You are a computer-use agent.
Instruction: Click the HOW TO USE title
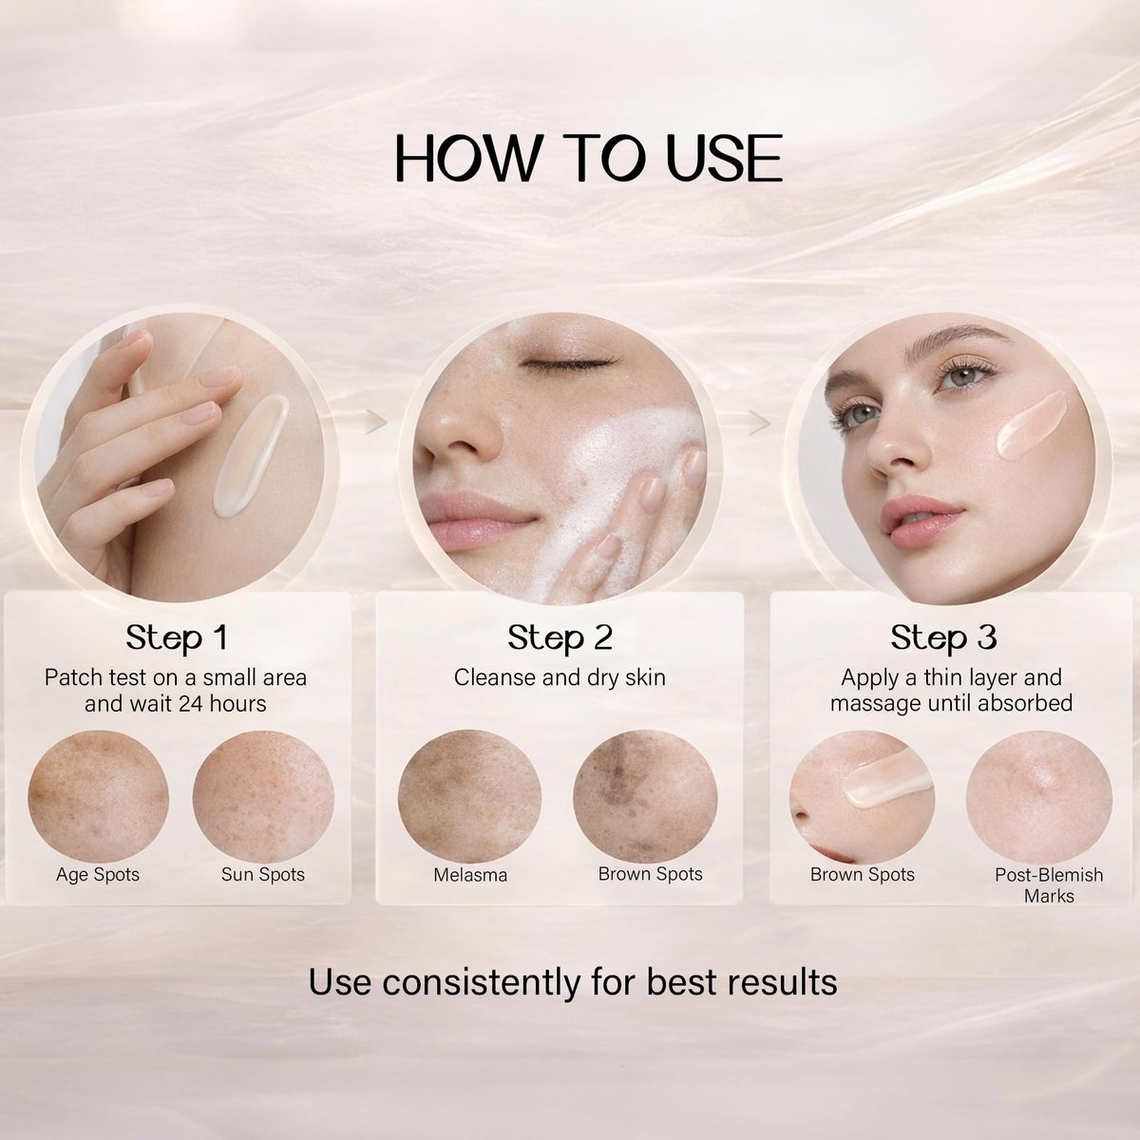[x=588, y=158]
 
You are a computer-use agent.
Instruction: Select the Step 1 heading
[x=177, y=638]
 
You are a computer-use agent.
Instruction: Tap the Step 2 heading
[x=560, y=638]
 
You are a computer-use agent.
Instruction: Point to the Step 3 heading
[x=943, y=638]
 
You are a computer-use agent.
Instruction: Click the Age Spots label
[x=98, y=874]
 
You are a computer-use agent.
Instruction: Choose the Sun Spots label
[x=262, y=874]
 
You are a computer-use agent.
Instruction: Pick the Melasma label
[x=470, y=875]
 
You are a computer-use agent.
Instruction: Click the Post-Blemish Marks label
[x=1049, y=885]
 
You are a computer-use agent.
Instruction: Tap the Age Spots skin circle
[x=98, y=796]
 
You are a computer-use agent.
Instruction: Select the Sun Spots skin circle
[x=263, y=796]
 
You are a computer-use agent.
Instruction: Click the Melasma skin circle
[x=469, y=796]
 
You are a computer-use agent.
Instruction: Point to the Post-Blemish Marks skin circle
[x=1039, y=796]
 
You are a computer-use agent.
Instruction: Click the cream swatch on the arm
[x=251, y=456]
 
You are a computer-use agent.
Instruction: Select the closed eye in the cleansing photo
[x=569, y=362]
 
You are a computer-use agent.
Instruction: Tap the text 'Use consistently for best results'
[x=573, y=983]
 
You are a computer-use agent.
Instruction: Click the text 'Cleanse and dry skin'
[x=560, y=678]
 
